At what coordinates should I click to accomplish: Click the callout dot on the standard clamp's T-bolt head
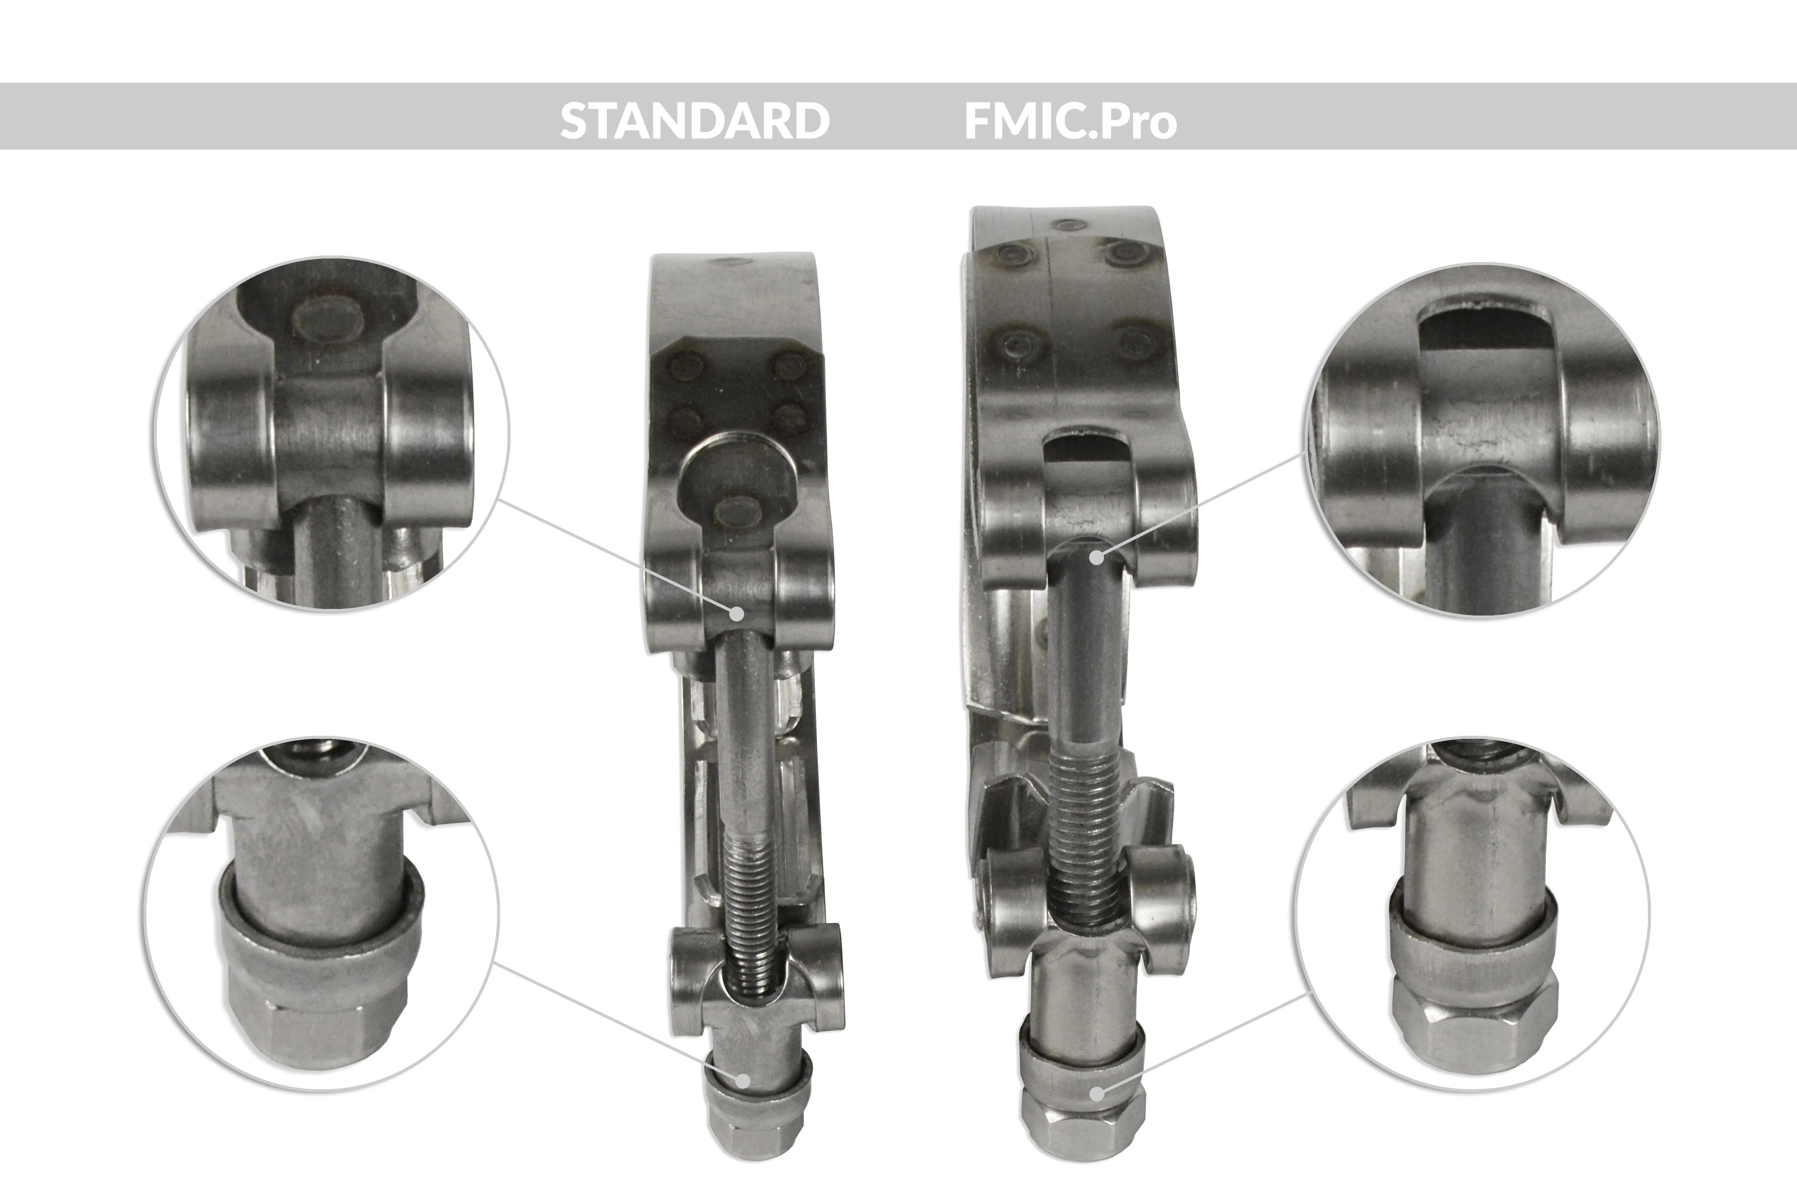[x=737, y=612]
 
